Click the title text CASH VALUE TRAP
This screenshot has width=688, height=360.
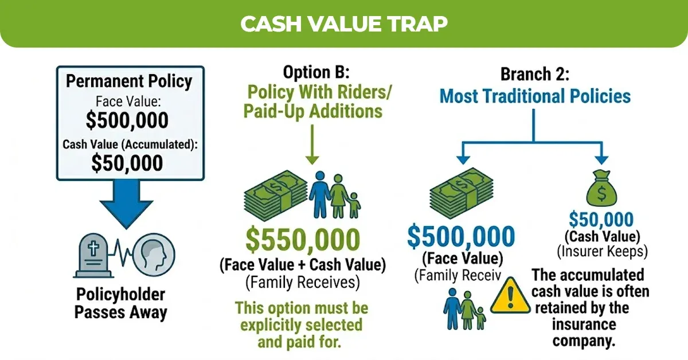click(x=343, y=24)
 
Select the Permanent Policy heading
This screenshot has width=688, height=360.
click(x=128, y=81)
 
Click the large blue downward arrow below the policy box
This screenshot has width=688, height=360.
click(x=127, y=204)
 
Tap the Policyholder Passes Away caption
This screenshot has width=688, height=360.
click(x=121, y=304)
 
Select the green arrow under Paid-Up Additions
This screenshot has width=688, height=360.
click(x=312, y=146)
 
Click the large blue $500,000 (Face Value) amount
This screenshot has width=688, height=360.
click(x=462, y=236)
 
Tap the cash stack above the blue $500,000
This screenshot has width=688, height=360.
click(x=462, y=195)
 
